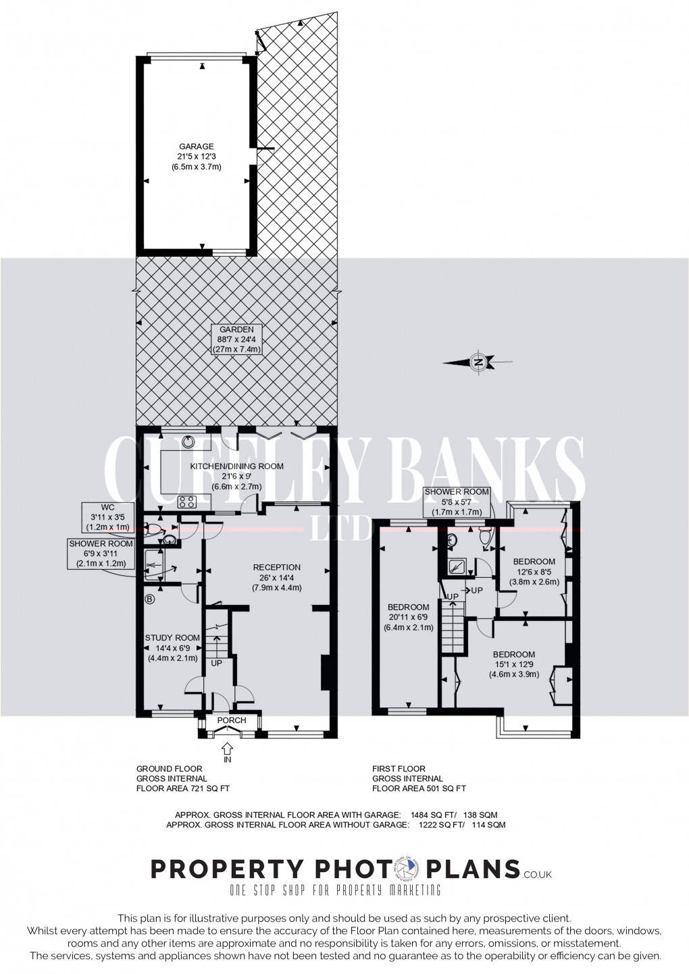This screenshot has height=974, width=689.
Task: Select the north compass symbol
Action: tap(478, 362)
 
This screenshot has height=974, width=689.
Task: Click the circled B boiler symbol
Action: tap(150, 598)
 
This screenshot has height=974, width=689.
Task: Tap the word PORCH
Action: tap(232, 721)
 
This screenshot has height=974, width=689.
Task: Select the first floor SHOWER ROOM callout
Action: tap(457, 502)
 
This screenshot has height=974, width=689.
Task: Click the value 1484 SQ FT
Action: tap(442, 814)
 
